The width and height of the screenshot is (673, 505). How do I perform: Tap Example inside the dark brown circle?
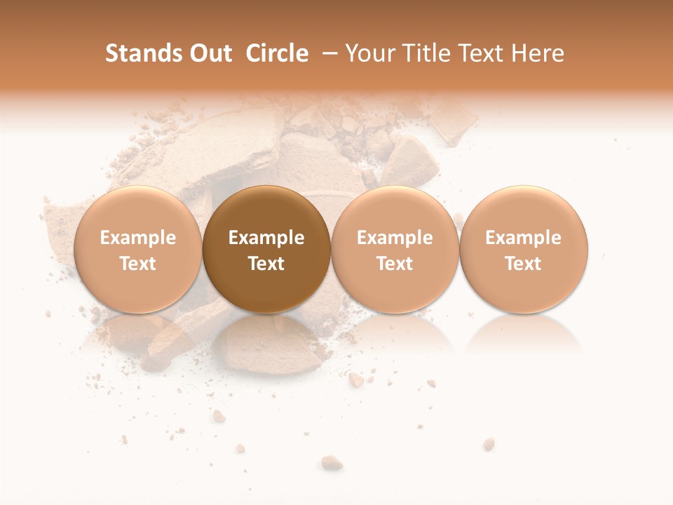(266, 238)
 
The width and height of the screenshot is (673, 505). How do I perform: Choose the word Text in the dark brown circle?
(266, 264)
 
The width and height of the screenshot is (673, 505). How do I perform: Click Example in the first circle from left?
(138, 238)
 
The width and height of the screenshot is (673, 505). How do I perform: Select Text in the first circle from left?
(138, 264)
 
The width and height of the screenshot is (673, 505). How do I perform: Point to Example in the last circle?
(524, 238)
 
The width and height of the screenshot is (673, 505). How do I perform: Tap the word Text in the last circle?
(524, 264)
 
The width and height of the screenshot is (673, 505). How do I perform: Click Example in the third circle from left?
(395, 238)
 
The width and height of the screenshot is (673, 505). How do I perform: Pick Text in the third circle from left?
(395, 264)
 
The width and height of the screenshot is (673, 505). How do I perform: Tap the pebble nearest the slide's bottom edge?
(332, 462)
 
